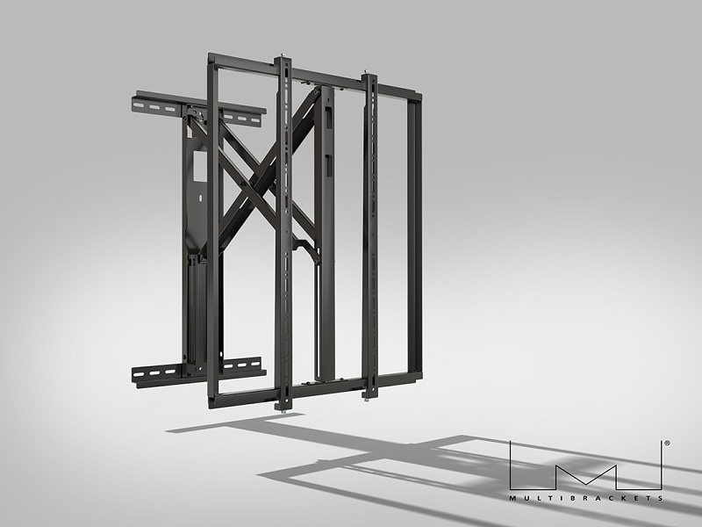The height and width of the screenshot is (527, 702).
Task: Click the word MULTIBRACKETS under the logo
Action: [586, 498]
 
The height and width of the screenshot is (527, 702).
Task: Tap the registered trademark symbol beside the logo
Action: [667, 445]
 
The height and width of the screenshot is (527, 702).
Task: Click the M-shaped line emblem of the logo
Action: [586, 464]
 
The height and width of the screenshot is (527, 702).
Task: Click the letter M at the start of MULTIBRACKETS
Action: [512, 498]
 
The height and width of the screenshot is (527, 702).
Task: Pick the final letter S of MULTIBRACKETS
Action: [661, 498]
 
